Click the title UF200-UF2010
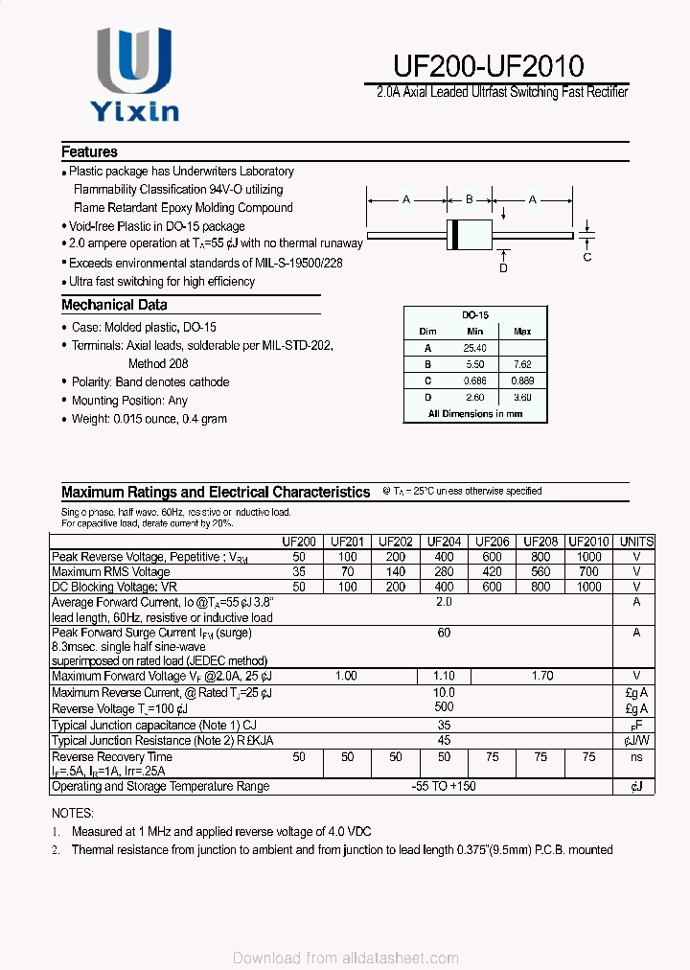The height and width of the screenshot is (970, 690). [488, 65]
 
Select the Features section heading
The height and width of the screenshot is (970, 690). [89, 151]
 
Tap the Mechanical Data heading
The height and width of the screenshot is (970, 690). [114, 305]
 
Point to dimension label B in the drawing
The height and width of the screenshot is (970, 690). [469, 199]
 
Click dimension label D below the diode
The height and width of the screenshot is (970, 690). [503, 268]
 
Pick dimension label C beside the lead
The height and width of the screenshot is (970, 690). [587, 257]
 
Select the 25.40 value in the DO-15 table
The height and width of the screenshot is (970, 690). [474, 348]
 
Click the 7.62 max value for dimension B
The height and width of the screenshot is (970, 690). [522, 364]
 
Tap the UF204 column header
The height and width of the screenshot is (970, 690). [444, 542]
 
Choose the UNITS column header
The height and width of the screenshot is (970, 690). [636, 542]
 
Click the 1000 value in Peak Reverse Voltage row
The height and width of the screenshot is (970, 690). [588, 557]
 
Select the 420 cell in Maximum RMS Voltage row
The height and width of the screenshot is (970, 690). [492, 572]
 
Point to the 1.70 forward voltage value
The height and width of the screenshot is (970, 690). [541, 676]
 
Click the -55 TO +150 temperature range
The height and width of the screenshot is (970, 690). [444, 786]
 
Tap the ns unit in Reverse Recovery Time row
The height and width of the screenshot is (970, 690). [636, 756]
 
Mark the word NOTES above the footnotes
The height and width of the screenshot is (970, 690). [74, 812]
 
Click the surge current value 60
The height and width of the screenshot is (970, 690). [444, 633]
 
